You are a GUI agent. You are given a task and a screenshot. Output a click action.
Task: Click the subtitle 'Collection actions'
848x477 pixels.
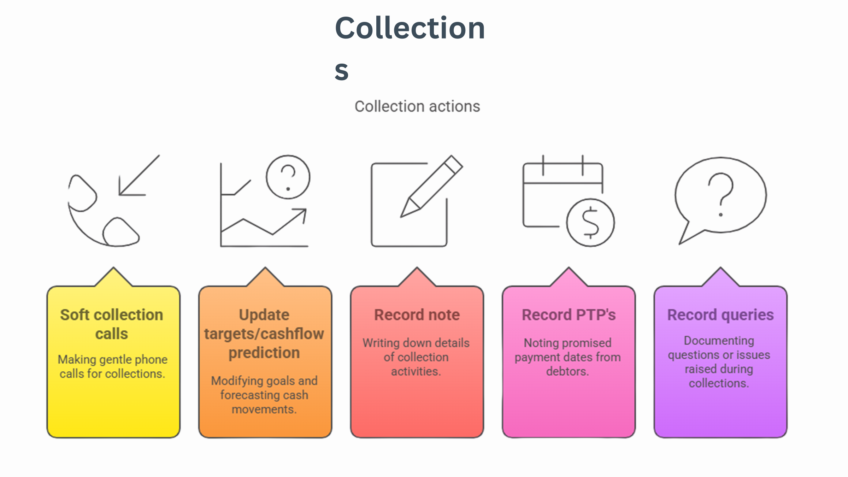click(417, 106)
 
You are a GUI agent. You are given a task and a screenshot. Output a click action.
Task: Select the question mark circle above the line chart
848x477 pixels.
click(288, 177)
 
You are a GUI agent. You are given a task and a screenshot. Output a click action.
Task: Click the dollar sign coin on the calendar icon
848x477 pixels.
click(590, 222)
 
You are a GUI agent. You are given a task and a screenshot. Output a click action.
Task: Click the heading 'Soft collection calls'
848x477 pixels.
click(112, 324)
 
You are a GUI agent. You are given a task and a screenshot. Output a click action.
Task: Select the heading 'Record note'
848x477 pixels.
click(417, 315)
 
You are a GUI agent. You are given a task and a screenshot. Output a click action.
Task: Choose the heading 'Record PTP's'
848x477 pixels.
click(569, 315)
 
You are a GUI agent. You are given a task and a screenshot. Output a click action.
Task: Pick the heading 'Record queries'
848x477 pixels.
click(720, 315)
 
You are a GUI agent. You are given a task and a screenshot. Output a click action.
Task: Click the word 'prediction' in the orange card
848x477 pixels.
click(264, 353)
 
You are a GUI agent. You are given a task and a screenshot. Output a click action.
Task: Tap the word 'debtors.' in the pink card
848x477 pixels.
click(567, 371)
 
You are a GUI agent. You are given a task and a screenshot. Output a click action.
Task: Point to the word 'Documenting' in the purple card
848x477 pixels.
click(719, 341)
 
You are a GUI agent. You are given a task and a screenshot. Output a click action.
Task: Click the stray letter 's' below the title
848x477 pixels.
click(341, 71)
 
